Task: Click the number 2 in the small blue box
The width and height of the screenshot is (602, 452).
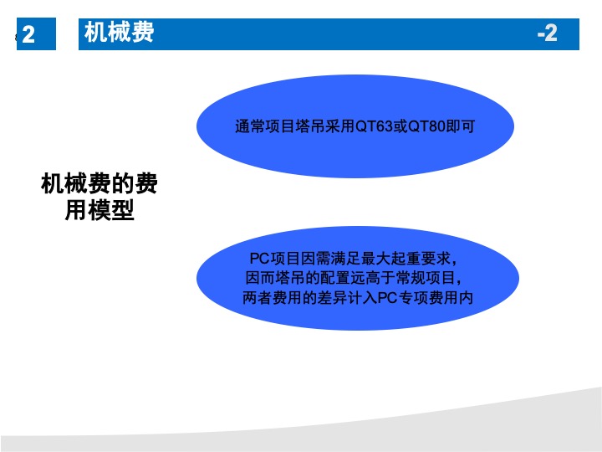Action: tap(28, 34)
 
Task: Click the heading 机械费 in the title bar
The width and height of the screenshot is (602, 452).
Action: tap(119, 32)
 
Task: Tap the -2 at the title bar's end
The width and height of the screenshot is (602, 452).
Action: tap(547, 33)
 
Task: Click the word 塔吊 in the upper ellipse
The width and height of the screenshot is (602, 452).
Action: tap(310, 126)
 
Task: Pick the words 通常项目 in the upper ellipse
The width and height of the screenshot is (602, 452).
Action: tap(265, 126)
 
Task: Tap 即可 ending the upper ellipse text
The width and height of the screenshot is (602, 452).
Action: tap(461, 126)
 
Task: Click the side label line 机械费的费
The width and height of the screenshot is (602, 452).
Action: tap(99, 183)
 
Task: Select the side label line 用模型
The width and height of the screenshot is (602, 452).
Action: tap(99, 210)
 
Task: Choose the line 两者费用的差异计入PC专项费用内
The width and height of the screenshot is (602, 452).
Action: tap(358, 297)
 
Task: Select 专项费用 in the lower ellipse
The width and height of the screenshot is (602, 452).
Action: tap(428, 297)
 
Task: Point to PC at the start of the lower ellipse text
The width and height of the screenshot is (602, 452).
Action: tap(259, 259)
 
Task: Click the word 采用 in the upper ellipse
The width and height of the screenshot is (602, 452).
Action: tap(340, 126)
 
